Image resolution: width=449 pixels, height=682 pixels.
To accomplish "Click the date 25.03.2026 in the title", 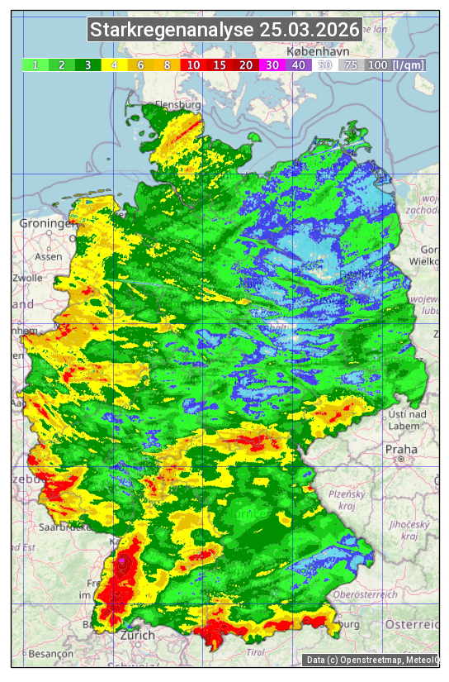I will tap(310, 31).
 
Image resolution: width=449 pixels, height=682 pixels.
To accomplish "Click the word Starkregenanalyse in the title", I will tap(173, 31).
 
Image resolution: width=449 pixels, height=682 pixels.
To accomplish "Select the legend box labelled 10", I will tap(192, 64).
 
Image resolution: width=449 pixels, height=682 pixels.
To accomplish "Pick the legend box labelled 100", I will tap(377, 64).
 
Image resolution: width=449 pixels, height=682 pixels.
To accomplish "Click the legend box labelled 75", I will tap(351, 64).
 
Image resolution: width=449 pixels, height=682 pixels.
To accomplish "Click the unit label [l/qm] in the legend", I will tap(409, 64).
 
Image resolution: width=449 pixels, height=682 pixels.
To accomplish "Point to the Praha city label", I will tap(400, 450).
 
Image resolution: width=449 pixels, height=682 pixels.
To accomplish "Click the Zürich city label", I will tap(137, 635).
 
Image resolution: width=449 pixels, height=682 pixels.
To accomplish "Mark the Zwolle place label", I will tap(27, 278).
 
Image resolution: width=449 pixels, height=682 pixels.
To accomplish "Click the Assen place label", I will tap(49, 256).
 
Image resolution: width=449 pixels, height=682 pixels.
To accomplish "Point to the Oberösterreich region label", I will tap(366, 594).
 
